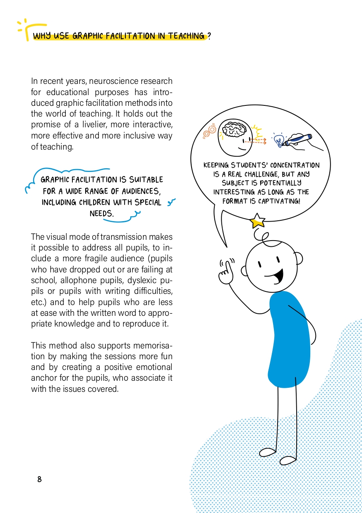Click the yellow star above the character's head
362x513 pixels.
(257, 220)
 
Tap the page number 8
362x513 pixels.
(39, 479)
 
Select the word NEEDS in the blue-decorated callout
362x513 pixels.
(102, 213)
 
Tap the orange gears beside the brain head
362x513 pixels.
(210, 131)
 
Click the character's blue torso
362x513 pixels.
(289, 339)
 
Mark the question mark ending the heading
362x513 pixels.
(209, 36)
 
